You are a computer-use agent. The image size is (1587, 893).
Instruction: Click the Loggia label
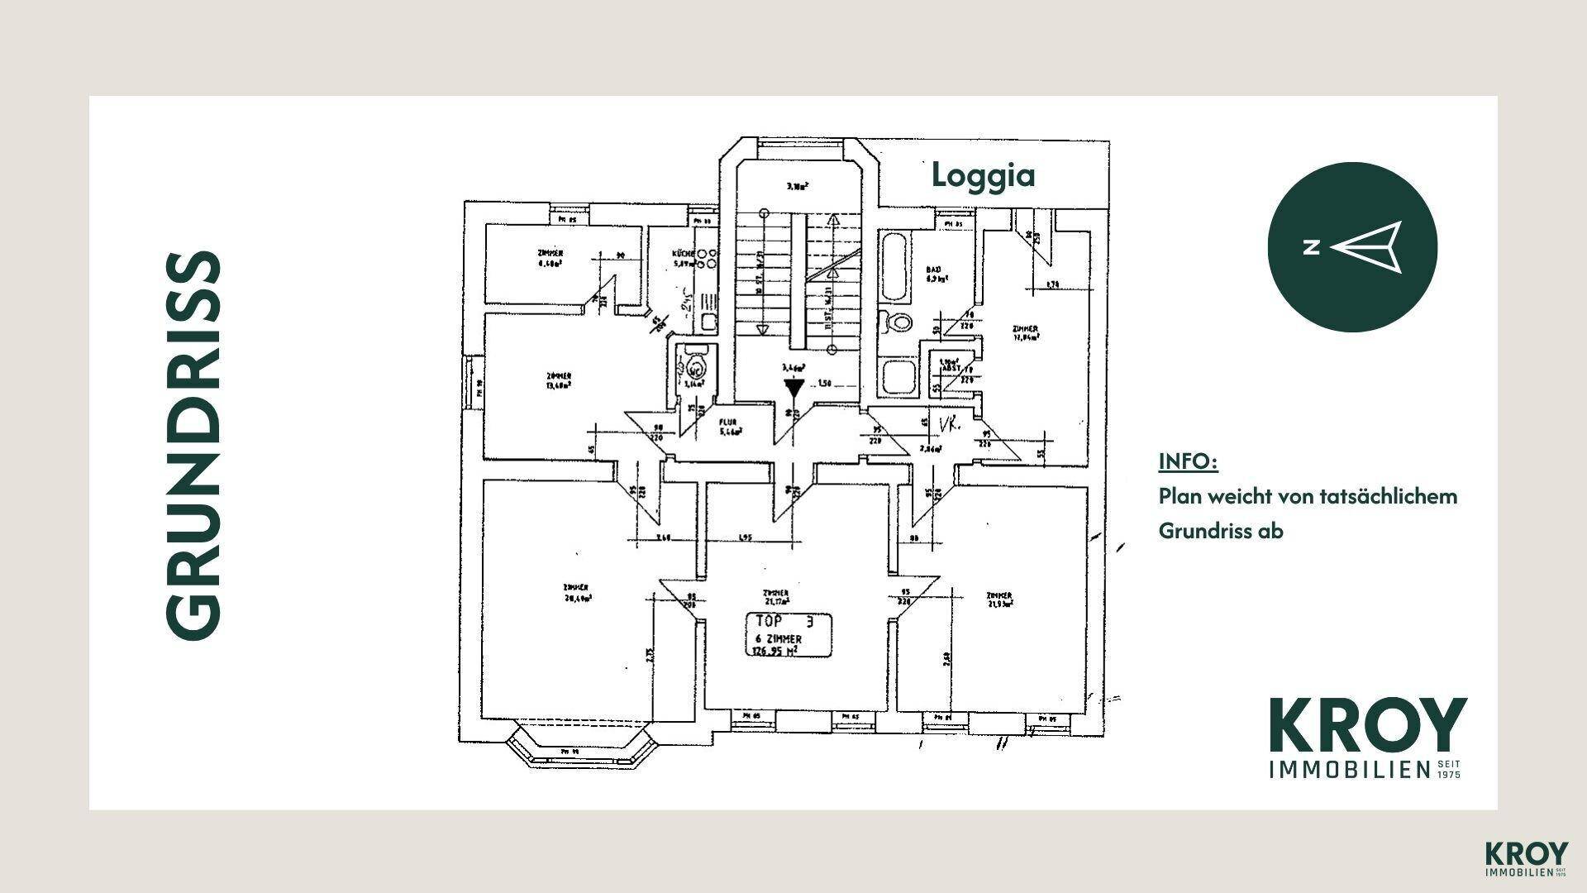pyautogui.click(x=983, y=175)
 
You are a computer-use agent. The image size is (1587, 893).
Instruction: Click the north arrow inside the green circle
pyautogui.click(x=1367, y=246)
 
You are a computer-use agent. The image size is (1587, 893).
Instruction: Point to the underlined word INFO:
pyautogui.click(x=1188, y=461)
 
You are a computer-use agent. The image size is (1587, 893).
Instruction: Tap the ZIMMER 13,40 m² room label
pyautogui.click(x=558, y=380)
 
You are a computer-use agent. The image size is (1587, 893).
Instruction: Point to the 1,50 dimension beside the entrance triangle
pyautogui.click(x=823, y=384)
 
